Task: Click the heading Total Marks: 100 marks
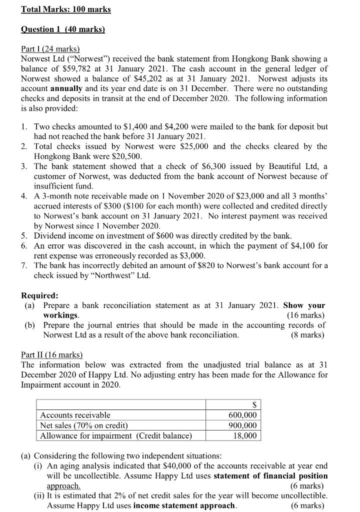pos(66,9)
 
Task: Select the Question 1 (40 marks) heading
pos(62,29)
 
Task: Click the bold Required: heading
pos(39,295)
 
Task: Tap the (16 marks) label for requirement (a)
pos(305,315)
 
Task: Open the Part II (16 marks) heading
pos(51,354)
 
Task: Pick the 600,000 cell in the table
pos(242,415)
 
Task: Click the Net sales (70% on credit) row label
pos(83,425)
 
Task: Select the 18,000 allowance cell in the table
pos(245,435)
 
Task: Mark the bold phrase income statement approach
pos(184,505)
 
